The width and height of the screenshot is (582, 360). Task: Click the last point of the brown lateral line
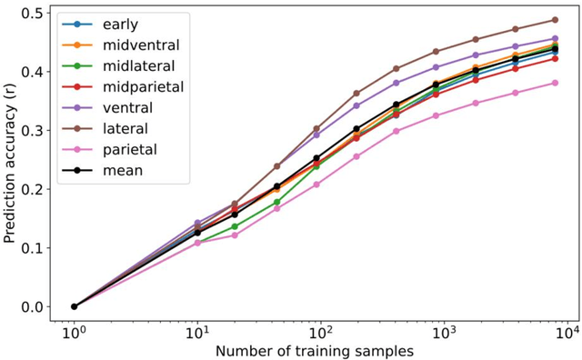(x=555, y=20)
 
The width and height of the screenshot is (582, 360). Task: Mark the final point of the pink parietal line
(x=555, y=83)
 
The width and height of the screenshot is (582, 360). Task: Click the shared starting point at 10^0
(x=75, y=306)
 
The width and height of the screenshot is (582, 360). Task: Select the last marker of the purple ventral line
(x=555, y=39)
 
